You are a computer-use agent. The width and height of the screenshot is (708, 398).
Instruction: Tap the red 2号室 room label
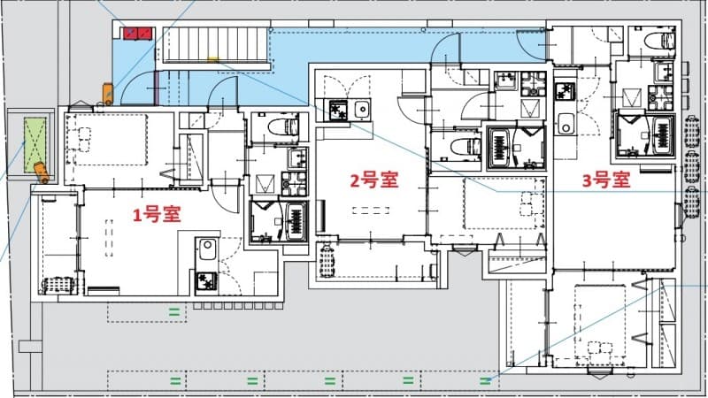(x=373, y=181)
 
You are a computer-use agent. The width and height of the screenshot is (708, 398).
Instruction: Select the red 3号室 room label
(x=605, y=181)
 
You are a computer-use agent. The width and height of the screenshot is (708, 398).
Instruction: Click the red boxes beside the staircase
(x=137, y=34)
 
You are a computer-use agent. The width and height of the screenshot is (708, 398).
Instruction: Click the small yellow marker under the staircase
(x=212, y=61)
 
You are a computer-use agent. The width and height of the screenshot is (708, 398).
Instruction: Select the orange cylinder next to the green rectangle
(x=39, y=170)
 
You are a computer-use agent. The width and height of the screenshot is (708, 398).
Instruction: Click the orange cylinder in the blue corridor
(x=107, y=92)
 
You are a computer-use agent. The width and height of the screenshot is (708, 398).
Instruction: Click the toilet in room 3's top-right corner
(x=656, y=40)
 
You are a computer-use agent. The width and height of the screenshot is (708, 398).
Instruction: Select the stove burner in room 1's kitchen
(x=205, y=281)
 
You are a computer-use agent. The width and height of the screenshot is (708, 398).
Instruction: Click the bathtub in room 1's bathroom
(x=295, y=218)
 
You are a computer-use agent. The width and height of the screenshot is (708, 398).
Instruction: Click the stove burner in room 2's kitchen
(x=338, y=110)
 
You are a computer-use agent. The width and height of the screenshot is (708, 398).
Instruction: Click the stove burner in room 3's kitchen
(x=563, y=91)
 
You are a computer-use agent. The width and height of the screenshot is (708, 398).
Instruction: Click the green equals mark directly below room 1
(x=174, y=310)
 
